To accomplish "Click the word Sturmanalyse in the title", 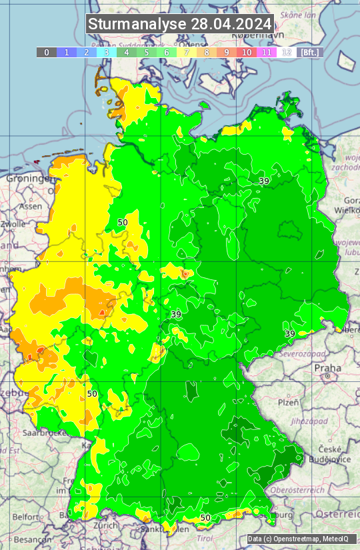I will tap(137, 24).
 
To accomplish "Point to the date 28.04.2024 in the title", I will tap(231, 24).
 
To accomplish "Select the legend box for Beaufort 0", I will tap(46, 52).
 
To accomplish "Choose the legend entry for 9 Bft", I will tap(227, 52).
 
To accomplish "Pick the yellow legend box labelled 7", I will tap(187, 52).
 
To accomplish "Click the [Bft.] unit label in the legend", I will tap(310, 52).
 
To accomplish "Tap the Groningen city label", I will tap(30, 179).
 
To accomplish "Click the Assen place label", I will tap(31, 207).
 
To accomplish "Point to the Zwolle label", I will tap(13, 224).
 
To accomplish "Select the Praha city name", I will tap(327, 368).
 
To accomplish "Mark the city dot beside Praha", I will tap(328, 377).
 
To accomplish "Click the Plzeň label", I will tap(288, 403).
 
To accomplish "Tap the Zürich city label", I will tap(106, 525).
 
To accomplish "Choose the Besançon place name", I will tap(29, 539).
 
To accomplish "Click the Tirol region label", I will tap(205, 538).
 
